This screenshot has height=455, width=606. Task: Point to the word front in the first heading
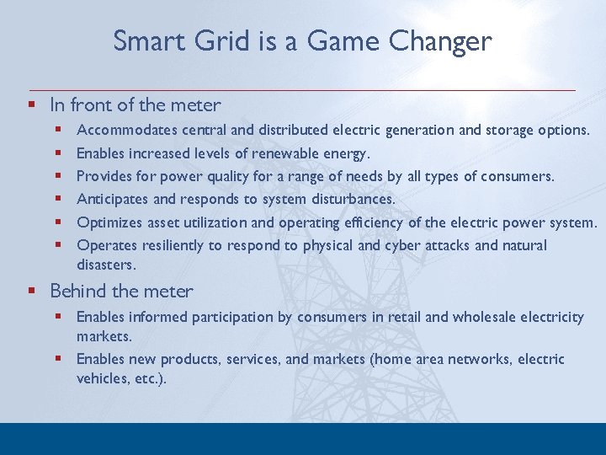[93, 105]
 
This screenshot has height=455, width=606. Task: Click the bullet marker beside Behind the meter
[31, 292]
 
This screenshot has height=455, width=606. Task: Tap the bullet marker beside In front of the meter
[31, 105]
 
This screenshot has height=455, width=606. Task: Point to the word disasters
[105, 265]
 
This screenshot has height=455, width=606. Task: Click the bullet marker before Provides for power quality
[59, 177]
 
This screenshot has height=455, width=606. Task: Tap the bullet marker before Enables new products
[59, 359]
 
